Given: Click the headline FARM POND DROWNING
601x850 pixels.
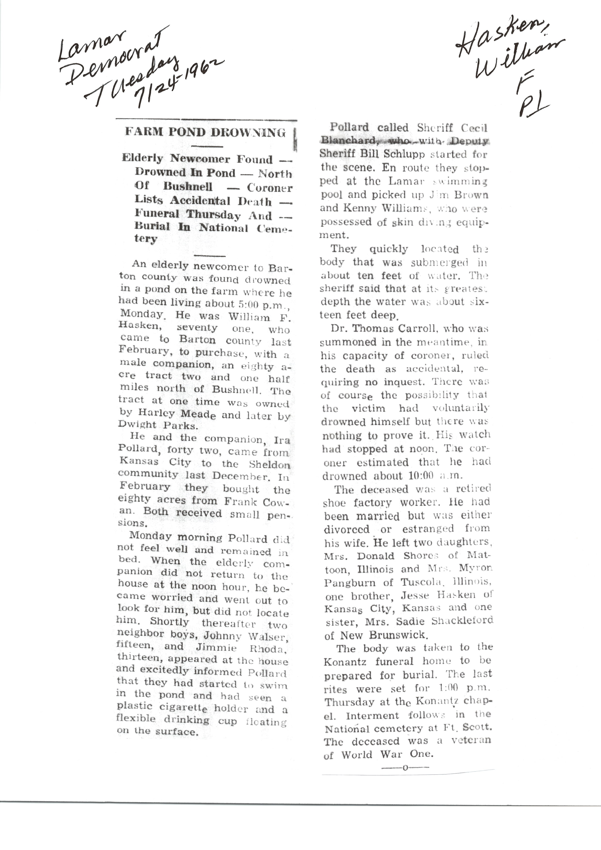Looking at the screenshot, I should pyautogui.click(x=206, y=132).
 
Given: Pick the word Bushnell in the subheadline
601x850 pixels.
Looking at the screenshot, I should pyautogui.click(x=188, y=186).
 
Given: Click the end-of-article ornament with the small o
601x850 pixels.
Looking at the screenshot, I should pyautogui.click(x=405, y=768).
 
